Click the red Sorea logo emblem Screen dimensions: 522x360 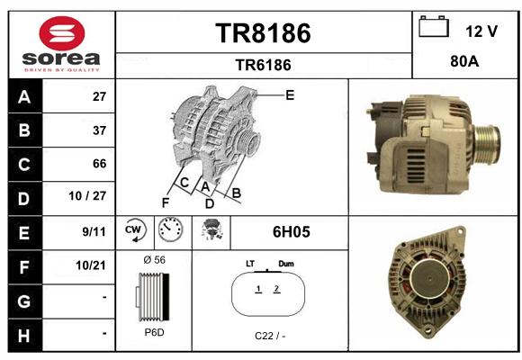pyautogui.click(x=62, y=33)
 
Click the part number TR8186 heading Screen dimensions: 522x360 pyautogui.click(x=263, y=33)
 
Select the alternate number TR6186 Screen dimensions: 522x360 pyautogui.click(x=263, y=65)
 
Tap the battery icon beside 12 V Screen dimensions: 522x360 pyautogui.click(x=434, y=26)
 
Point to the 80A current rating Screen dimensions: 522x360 pyautogui.click(x=464, y=61)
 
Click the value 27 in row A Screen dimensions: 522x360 pyautogui.click(x=99, y=96)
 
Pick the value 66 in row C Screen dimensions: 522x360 pyautogui.click(x=99, y=164)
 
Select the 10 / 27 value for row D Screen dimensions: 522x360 pyautogui.click(x=87, y=196)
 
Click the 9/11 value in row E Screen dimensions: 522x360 pyautogui.click(x=94, y=231)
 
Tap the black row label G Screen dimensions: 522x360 pyautogui.click(x=24, y=301)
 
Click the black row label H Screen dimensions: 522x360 pyautogui.click(x=24, y=336)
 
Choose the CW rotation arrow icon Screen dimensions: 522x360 pyautogui.click(x=135, y=229)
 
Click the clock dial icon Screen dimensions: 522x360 pyautogui.click(x=170, y=229)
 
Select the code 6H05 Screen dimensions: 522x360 pyautogui.click(x=292, y=232)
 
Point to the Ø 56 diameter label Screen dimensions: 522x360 pyautogui.click(x=154, y=260)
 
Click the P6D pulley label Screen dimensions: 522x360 pyautogui.click(x=154, y=332)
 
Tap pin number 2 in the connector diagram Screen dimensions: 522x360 pyautogui.click(x=276, y=289)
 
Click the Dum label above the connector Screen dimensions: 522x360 pyautogui.click(x=286, y=264)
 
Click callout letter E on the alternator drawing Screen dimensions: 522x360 pyautogui.click(x=290, y=95)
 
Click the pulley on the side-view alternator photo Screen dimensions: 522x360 pyautogui.click(x=487, y=143)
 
